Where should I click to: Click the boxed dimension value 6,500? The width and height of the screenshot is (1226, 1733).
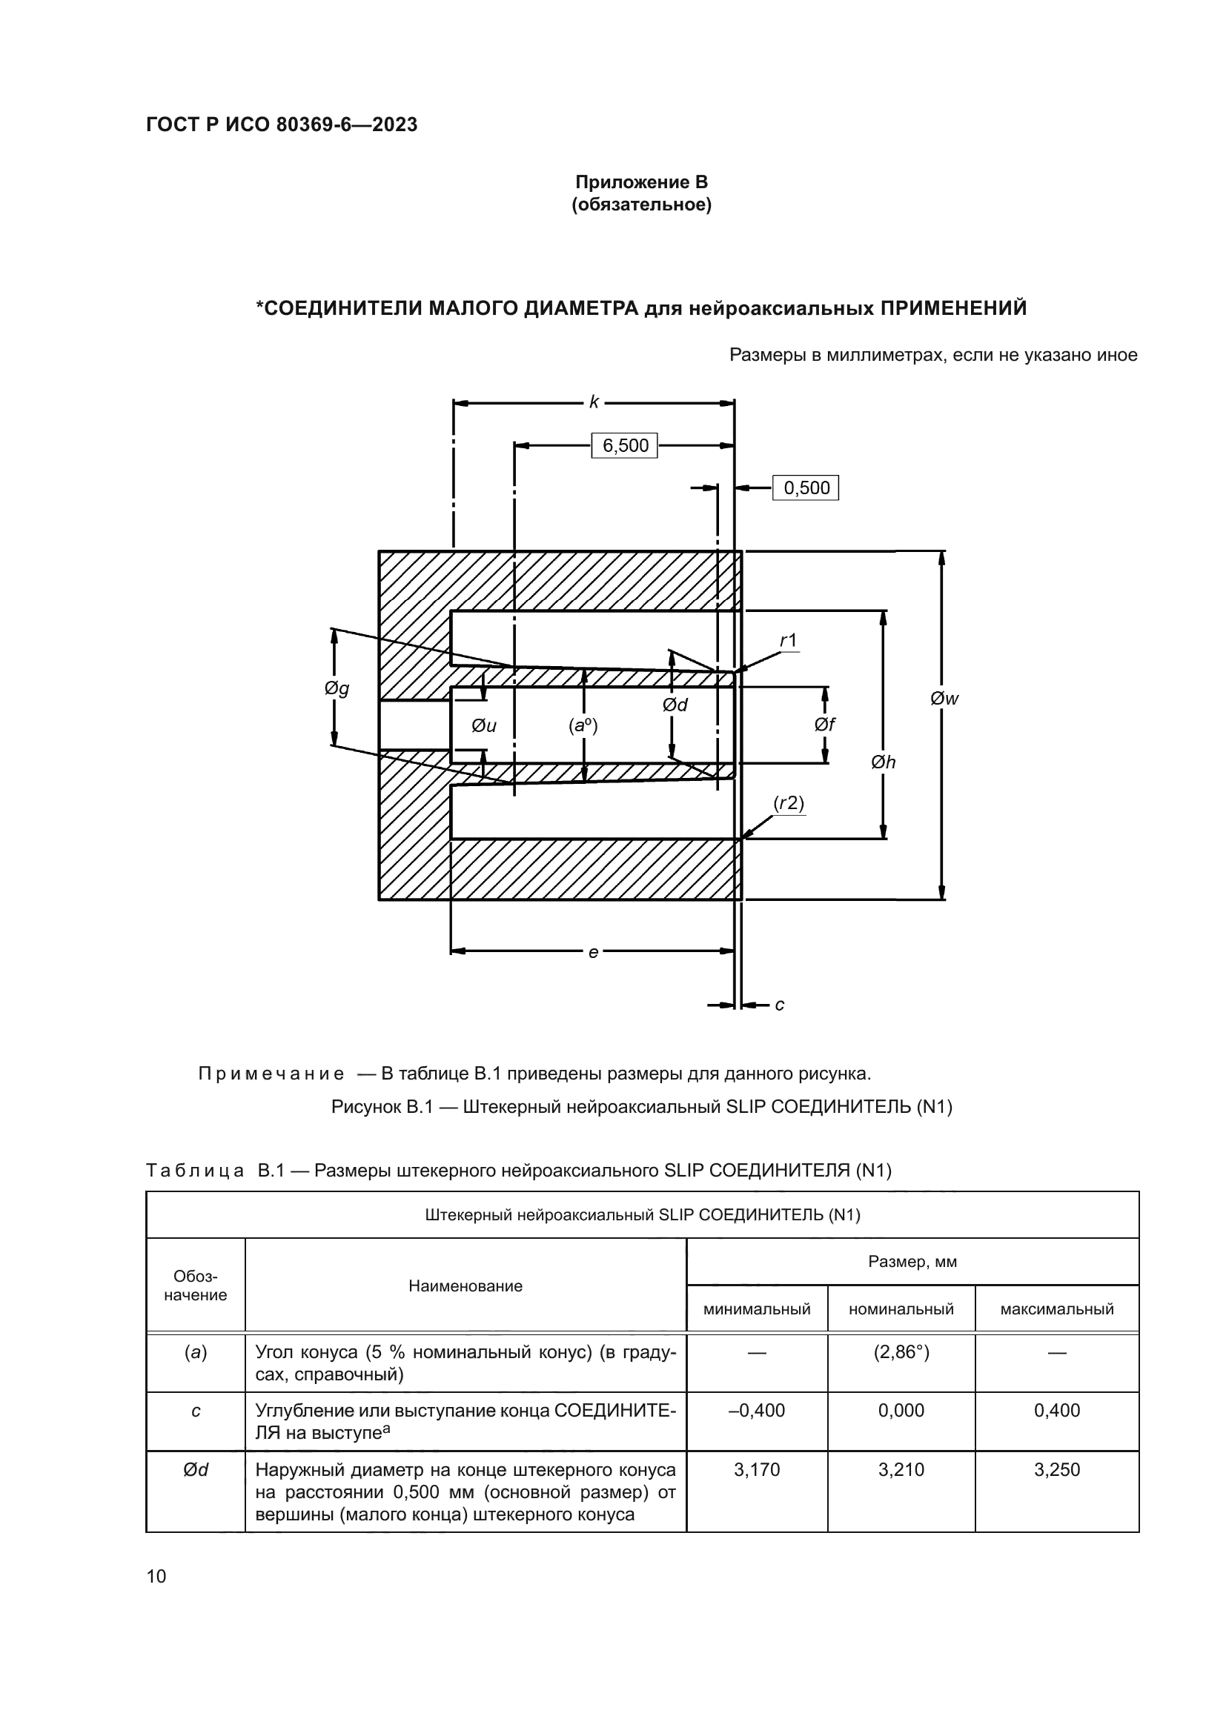[624, 445]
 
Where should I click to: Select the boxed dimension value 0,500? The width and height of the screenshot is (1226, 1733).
[806, 488]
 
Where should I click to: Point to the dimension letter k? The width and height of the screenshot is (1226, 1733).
[594, 402]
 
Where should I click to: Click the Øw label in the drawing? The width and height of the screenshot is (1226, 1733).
[944, 698]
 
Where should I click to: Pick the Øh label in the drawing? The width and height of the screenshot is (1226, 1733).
[884, 762]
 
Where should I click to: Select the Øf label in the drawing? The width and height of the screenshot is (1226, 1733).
[824, 725]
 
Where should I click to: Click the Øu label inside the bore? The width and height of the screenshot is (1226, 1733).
[484, 726]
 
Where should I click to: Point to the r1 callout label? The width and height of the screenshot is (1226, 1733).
[788, 641]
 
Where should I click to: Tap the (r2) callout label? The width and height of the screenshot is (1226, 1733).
[789, 803]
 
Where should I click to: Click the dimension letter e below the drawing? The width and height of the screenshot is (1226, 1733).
[594, 953]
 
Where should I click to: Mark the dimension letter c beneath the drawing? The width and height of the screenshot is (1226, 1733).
[780, 1005]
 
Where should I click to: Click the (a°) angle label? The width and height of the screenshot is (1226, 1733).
[583, 726]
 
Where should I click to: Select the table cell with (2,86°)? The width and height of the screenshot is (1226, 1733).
[901, 1352]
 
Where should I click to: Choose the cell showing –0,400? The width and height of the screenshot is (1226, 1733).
[757, 1410]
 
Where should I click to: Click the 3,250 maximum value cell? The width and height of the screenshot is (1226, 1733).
[1056, 1469]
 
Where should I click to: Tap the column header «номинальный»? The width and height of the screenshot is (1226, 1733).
[901, 1308]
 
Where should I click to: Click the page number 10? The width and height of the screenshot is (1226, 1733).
[156, 1576]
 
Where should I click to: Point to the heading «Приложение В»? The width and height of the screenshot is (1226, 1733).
[641, 182]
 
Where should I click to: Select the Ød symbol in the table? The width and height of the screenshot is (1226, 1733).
[196, 1469]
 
